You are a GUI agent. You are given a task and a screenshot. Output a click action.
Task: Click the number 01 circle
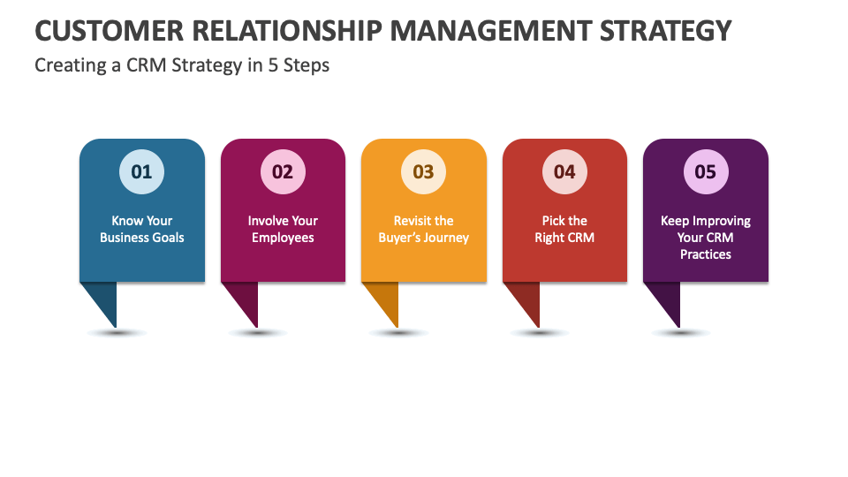coord(141,171)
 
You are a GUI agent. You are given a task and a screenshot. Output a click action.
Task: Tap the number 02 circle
coord(283,171)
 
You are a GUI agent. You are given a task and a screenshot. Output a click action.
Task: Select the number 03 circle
coord(424,171)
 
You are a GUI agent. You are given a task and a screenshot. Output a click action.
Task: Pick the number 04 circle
coord(564,171)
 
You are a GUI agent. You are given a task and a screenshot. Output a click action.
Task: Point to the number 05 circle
coord(706,171)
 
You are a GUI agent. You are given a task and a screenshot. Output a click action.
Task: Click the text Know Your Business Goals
coord(141,229)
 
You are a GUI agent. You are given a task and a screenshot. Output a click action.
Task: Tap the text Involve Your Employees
coord(283,229)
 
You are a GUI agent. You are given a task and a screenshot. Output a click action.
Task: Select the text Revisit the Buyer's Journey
coord(424,229)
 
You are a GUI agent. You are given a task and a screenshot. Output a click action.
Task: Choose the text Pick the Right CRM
coord(564,229)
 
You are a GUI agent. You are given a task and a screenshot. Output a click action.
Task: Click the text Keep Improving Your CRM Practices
coord(706,238)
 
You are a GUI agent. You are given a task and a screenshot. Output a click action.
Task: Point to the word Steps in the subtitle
coord(306,66)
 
